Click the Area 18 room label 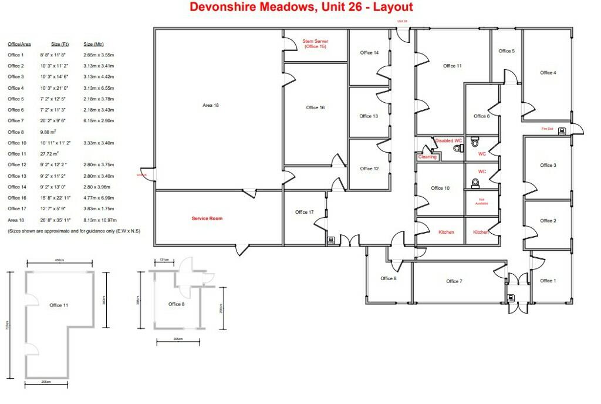[x=210, y=105]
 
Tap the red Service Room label [x=207, y=218]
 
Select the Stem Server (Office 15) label [x=315, y=43]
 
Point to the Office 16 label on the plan [x=315, y=107]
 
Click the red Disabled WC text [x=449, y=140]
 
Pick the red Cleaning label [x=427, y=157]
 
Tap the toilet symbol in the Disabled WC [x=458, y=149]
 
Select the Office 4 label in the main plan [x=548, y=73]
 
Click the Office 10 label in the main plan [x=440, y=188]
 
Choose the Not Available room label [x=481, y=202]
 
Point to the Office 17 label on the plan [x=305, y=212]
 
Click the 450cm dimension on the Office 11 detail [x=59, y=260]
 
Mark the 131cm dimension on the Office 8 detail [x=164, y=260]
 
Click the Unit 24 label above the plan [x=402, y=21]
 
